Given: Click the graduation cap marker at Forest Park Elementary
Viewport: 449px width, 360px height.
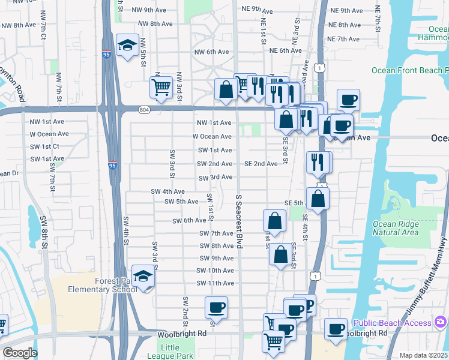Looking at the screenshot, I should [x=143, y=277].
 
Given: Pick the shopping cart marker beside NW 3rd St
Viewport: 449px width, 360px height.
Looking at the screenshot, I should [x=161, y=88].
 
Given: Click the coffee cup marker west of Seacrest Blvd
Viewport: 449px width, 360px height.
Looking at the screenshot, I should [x=216, y=308].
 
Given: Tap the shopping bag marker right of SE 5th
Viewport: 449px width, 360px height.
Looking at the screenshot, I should [x=318, y=199].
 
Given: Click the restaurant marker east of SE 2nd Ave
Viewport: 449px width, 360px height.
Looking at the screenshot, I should [x=317, y=162].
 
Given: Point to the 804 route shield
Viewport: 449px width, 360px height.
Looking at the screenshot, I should [x=145, y=109].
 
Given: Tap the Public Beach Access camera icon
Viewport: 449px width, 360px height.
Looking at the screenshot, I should [x=441, y=323].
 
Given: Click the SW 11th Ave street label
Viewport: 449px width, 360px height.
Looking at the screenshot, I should [x=215, y=283].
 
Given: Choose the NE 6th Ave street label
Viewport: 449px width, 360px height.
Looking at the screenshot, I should [x=285, y=51].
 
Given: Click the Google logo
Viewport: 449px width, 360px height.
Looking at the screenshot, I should [x=20, y=353].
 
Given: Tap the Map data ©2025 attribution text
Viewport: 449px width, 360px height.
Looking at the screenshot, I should [x=423, y=355].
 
